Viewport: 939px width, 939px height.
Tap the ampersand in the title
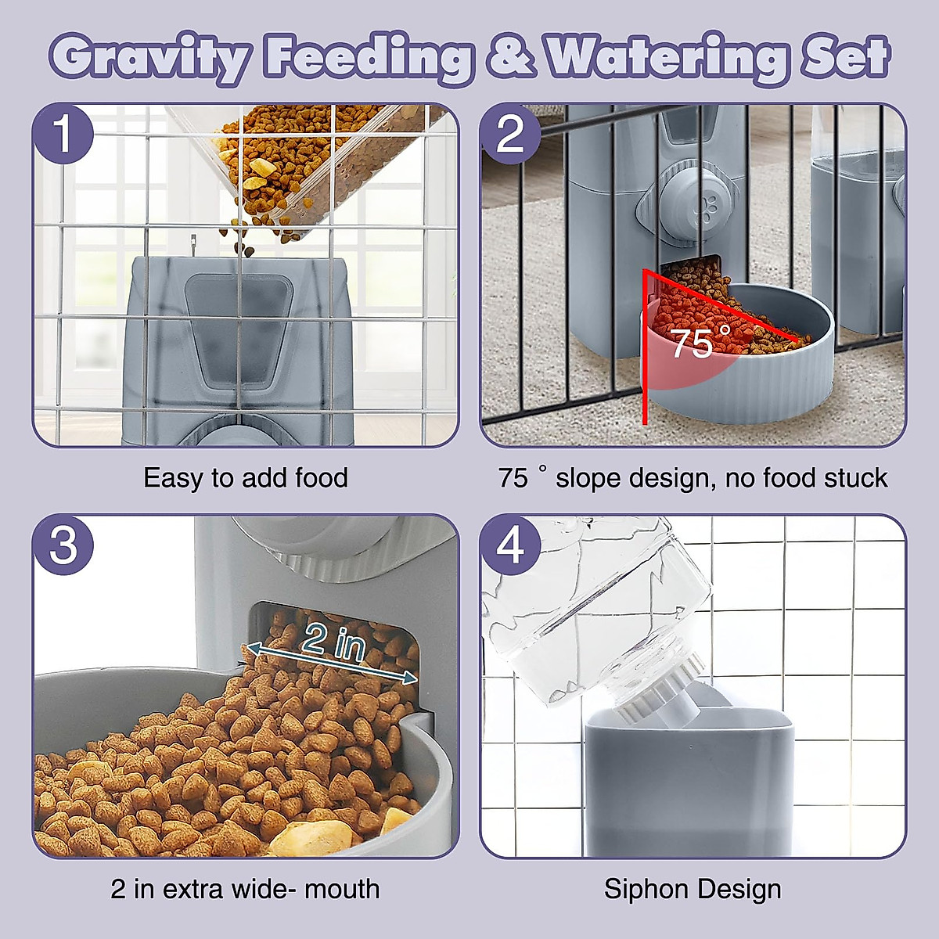(x=510, y=57)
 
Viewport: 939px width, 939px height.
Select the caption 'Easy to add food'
(x=246, y=477)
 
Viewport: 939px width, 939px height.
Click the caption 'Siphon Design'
(x=693, y=889)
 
